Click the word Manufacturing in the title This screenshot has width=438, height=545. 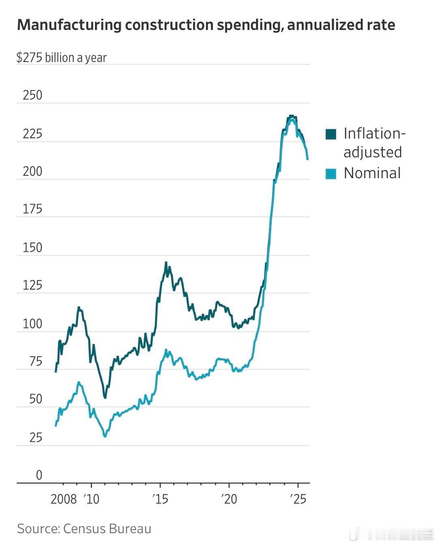(69, 25)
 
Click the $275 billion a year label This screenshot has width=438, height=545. (61, 58)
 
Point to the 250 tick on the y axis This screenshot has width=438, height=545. (32, 95)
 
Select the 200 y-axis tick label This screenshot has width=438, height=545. (32, 172)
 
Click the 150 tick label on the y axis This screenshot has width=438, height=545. (32, 248)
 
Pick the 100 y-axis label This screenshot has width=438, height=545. (32, 324)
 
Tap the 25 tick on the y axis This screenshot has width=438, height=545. (36, 437)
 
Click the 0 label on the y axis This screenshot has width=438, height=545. (39, 475)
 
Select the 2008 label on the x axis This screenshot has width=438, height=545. (64, 499)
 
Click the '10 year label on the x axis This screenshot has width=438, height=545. (92, 499)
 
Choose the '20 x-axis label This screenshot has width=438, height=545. (229, 499)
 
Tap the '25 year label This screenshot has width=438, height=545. (298, 499)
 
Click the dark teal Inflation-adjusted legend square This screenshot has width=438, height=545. (331, 134)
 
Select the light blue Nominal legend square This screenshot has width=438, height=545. (331, 174)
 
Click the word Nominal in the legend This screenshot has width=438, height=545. (372, 173)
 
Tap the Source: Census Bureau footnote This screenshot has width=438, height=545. (84, 529)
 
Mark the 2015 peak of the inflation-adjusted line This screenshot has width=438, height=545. (166, 263)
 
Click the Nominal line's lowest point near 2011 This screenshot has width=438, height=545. (105, 436)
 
